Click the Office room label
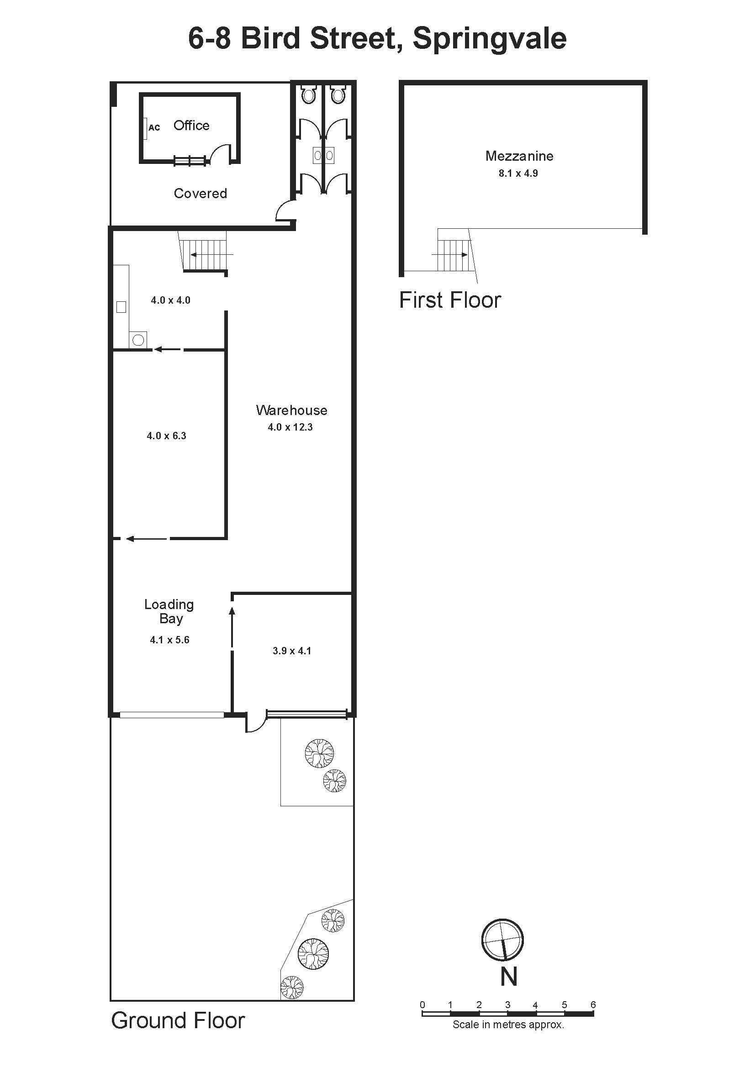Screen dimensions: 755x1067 (191, 126)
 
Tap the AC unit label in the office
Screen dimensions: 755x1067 (154, 127)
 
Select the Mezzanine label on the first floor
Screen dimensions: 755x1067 (519, 156)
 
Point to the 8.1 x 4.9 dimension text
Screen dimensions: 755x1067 (518, 173)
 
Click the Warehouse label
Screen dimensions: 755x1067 (291, 410)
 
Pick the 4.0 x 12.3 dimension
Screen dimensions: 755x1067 (290, 427)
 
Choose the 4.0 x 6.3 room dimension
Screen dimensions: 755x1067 (166, 436)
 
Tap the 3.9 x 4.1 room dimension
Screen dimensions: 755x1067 (292, 651)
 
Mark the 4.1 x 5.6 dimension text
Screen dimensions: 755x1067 (170, 640)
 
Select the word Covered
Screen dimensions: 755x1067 (201, 193)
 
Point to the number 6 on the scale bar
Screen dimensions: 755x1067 (593, 1005)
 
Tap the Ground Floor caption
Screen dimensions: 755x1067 (178, 1020)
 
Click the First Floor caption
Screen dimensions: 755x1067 (450, 300)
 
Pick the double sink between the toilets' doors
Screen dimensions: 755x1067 (323, 156)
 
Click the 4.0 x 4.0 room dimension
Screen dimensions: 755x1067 (171, 300)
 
